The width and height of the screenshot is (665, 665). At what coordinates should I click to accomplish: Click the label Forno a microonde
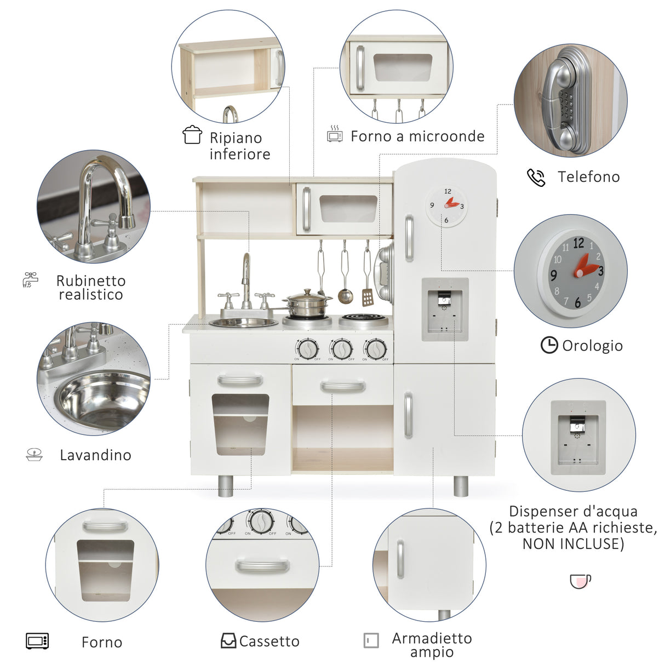(417, 136)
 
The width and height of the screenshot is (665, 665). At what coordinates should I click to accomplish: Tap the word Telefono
(588, 176)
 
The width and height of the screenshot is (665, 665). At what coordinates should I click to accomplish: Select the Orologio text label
(592, 346)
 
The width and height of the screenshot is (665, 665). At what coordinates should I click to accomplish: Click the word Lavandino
(95, 455)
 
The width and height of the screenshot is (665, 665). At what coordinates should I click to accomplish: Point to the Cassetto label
(269, 641)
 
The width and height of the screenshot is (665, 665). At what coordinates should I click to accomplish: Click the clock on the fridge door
(447, 206)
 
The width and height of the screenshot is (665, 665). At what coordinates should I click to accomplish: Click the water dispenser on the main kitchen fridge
(445, 309)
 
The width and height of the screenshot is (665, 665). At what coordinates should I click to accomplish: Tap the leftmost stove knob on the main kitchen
(307, 348)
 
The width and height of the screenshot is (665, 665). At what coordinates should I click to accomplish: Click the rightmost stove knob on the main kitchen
(376, 348)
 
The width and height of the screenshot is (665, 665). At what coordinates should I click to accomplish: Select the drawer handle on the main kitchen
(343, 387)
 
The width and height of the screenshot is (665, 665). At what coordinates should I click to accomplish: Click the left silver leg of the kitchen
(226, 485)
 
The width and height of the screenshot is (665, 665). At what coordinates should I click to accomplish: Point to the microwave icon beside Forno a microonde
(335, 134)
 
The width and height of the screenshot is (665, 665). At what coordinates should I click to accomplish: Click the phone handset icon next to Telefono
(536, 177)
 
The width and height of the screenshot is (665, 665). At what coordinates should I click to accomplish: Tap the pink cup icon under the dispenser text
(580, 581)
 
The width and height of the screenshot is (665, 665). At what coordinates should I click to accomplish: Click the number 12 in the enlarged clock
(578, 243)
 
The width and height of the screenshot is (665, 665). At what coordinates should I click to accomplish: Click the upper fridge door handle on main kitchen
(409, 238)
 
